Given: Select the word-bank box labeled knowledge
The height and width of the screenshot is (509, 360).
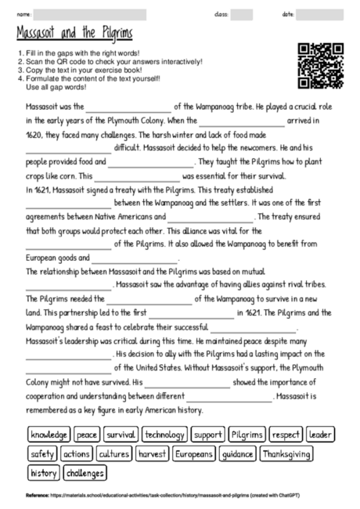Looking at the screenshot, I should [x=49, y=434].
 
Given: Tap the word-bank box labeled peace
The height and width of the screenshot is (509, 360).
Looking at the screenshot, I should [x=87, y=434].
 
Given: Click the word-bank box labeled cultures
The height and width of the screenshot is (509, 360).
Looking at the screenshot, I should [x=113, y=453].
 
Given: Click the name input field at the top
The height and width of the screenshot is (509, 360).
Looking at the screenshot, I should [x=90, y=14].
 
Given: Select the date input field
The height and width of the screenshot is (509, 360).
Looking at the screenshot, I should [x=321, y=14].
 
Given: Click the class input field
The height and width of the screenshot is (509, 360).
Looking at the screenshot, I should [x=241, y=14].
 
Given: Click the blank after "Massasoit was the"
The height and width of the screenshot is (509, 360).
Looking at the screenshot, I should [x=128, y=107].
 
